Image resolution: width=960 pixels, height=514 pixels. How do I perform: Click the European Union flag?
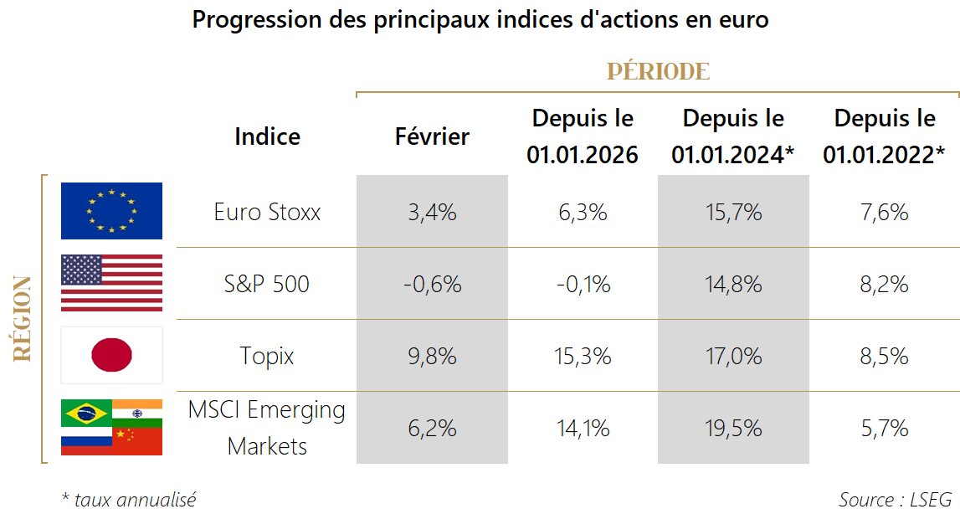(x=111, y=211)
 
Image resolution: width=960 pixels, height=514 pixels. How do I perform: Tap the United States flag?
(x=111, y=283)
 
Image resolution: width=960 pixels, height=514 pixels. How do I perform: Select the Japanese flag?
(x=111, y=355)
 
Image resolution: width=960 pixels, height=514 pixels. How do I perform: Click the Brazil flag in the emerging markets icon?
(x=86, y=413)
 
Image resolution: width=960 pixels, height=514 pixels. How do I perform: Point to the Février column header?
(x=432, y=136)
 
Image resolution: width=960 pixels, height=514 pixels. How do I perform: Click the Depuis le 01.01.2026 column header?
(x=583, y=136)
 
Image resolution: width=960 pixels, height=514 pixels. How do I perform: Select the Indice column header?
(x=267, y=136)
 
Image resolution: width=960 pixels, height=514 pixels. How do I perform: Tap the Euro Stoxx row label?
(x=267, y=213)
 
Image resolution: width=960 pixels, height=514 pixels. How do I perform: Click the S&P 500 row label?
(x=267, y=285)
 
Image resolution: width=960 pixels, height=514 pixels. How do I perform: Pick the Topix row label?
(x=267, y=357)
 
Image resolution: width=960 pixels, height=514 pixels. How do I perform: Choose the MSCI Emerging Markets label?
(x=267, y=428)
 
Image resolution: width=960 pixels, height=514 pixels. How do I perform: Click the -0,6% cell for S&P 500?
(x=432, y=285)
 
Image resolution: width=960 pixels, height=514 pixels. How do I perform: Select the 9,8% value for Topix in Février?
(x=432, y=357)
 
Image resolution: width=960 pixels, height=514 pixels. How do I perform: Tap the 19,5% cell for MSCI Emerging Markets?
(x=733, y=429)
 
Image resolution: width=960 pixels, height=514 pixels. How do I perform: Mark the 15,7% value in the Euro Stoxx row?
(x=733, y=213)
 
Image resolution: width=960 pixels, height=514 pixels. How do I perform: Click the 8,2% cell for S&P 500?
(x=884, y=285)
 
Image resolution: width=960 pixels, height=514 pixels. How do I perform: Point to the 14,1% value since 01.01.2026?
(x=583, y=429)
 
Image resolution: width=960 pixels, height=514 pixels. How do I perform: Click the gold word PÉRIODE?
(x=658, y=72)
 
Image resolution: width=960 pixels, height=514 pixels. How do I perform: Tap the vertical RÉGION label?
(x=23, y=318)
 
